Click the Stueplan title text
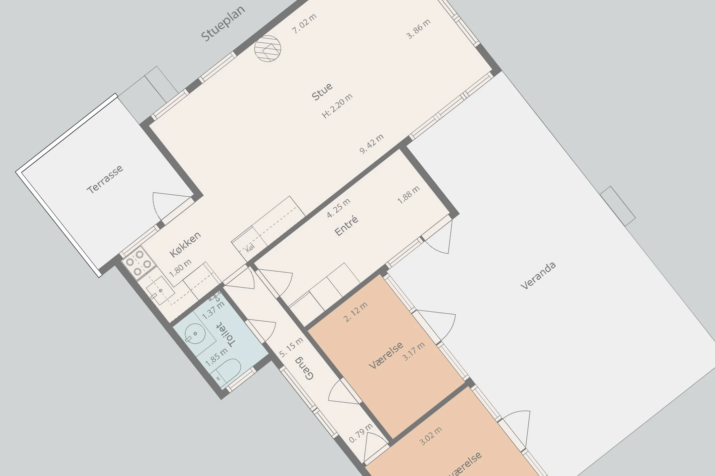click(223, 23)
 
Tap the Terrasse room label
click(105, 179)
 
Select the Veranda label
click(538, 276)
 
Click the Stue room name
click(322, 92)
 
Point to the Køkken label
click(185, 244)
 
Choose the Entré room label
click(347, 226)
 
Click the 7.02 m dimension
click(304, 23)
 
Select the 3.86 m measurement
click(418, 29)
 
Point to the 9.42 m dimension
click(372, 144)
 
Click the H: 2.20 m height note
click(337, 106)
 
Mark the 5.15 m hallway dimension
click(291, 347)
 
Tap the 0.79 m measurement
click(361, 433)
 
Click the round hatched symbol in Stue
click(268, 49)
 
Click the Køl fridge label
click(250, 248)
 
